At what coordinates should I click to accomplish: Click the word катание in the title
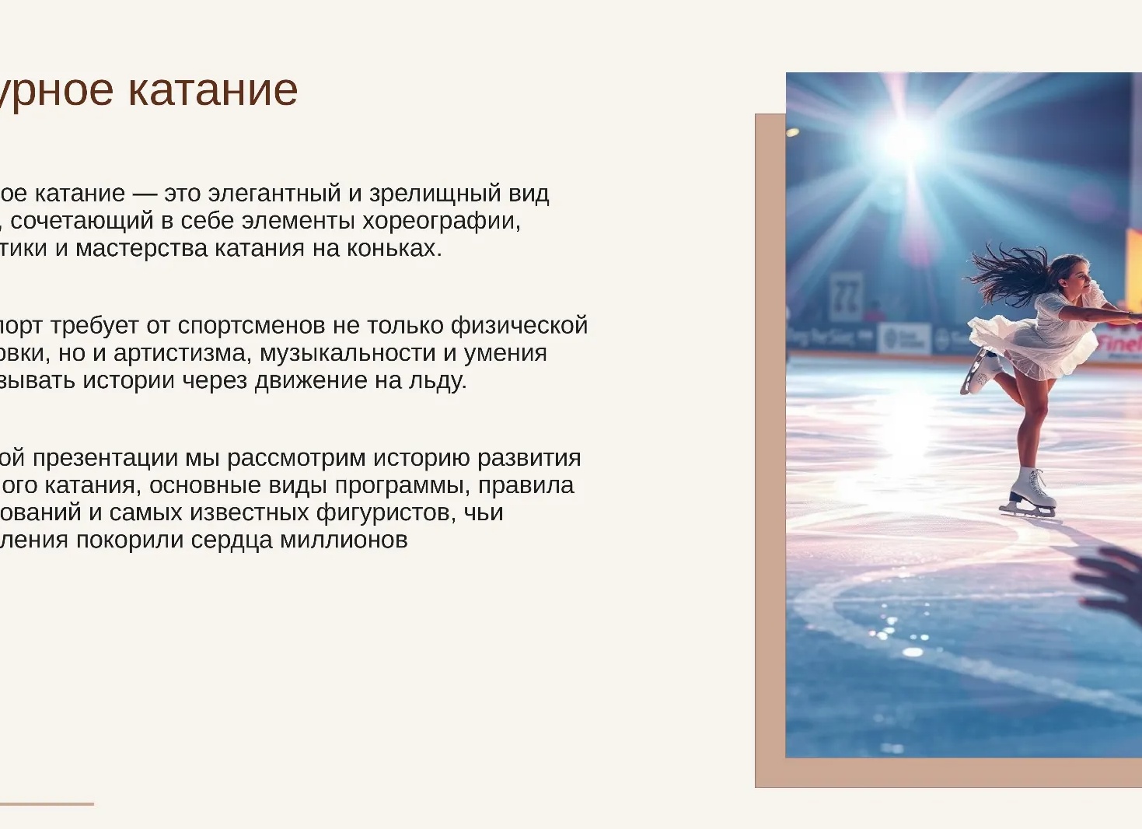coord(212,90)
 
